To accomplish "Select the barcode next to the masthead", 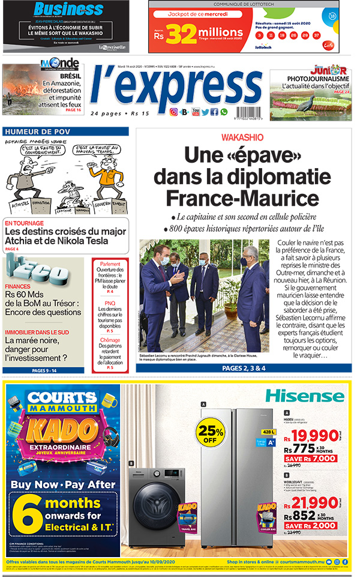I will click(x=251, y=112).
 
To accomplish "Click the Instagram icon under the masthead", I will click(x=173, y=112).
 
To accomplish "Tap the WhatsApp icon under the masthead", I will click(x=224, y=112).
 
